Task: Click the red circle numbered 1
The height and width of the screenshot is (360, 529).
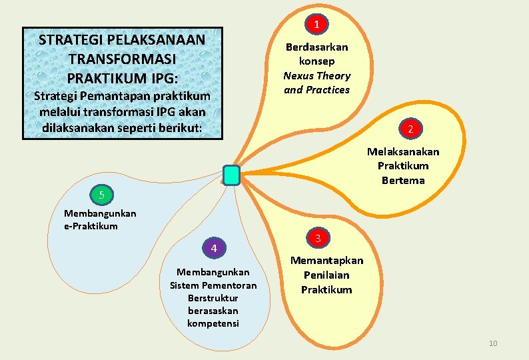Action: click(x=317, y=25)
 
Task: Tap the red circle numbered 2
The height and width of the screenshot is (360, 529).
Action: click(x=410, y=129)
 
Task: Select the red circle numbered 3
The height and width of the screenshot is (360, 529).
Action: click(x=318, y=238)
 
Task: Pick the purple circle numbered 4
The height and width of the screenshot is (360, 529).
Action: click(x=214, y=249)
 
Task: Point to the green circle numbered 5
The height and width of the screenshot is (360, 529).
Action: click(x=101, y=195)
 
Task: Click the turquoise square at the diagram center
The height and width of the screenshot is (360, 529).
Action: click(x=231, y=175)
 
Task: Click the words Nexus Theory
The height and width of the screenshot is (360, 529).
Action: click(x=316, y=75)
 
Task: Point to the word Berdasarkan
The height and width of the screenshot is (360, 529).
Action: click(x=316, y=47)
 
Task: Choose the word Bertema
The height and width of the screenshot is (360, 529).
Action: click(x=403, y=180)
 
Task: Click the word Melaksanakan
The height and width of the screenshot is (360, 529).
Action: click(x=403, y=151)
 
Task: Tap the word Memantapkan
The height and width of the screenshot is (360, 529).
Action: click(x=326, y=260)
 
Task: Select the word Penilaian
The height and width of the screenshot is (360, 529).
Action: click(x=326, y=275)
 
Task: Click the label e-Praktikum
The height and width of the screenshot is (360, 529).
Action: click(x=91, y=226)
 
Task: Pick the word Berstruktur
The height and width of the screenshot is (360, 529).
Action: click(x=213, y=298)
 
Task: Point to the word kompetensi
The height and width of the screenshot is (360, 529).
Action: click(x=213, y=323)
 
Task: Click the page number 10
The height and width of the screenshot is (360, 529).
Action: click(x=493, y=343)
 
